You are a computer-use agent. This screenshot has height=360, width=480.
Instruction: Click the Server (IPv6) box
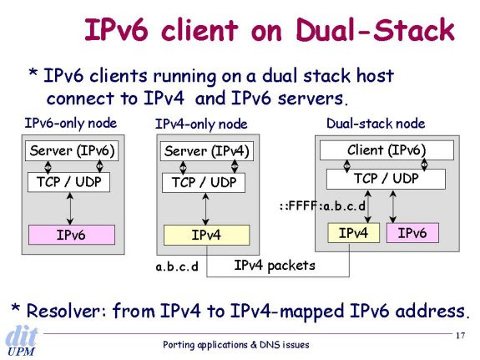click(x=72, y=150)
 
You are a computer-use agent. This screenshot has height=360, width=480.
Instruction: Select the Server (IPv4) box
click(x=207, y=151)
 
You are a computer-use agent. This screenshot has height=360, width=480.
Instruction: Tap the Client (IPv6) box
click(x=387, y=150)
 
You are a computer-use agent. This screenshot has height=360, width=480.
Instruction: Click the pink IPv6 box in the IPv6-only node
click(x=72, y=235)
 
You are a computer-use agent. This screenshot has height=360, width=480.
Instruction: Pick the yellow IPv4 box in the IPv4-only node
click(x=207, y=235)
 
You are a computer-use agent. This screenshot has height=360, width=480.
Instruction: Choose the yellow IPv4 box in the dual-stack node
click(x=354, y=233)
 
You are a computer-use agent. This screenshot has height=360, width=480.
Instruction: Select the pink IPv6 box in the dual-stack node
click(x=412, y=233)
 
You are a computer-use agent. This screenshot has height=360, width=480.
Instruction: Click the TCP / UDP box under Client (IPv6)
click(x=386, y=179)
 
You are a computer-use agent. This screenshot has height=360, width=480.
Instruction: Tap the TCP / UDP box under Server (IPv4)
click(x=204, y=183)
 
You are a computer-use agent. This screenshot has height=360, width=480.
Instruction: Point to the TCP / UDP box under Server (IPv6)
click(x=69, y=182)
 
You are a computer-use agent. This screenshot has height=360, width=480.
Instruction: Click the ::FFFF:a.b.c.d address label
click(x=322, y=205)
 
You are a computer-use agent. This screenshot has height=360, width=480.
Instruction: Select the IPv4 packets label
click(x=275, y=266)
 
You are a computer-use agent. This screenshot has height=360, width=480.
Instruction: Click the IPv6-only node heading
click(x=71, y=123)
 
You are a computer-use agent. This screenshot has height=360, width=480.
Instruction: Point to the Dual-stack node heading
click(x=376, y=124)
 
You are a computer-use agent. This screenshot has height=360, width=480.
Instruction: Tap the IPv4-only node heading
click(x=201, y=124)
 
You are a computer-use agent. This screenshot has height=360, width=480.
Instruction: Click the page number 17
click(x=461, y=336)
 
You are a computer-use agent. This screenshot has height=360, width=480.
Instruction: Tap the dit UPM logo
click(x=21, y=342)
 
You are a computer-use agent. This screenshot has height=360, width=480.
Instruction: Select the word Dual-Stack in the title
click(x=376, y=30)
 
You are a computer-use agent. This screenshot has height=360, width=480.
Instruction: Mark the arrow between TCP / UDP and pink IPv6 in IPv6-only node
click(x=70, y=208)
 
